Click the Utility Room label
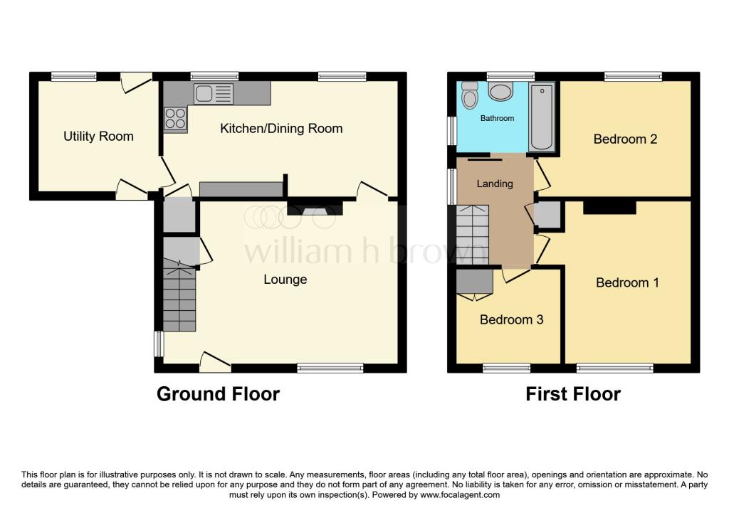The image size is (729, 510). click(98, 136)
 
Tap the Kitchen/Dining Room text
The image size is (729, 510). click(281, 129)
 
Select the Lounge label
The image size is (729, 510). click(285, 280)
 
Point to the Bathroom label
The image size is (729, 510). click(496, 118)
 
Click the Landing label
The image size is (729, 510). click(494, 184)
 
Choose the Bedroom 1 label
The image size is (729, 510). click(627, 282)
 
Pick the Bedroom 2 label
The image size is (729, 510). click(625, 139)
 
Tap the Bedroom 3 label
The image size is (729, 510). click(511, 319)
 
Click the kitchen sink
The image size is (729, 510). click(213, 92)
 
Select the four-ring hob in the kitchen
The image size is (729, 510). click(175, 119)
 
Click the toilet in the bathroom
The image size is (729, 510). click(469, 95)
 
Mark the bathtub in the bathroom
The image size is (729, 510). click(543, 117)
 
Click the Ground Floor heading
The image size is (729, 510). click(218, 394)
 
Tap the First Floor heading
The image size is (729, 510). click(573, 394)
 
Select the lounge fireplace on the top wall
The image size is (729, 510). click(315, 209)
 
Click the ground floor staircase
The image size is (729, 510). click(178, 299)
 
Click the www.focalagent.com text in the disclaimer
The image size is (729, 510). click(461, 495)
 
